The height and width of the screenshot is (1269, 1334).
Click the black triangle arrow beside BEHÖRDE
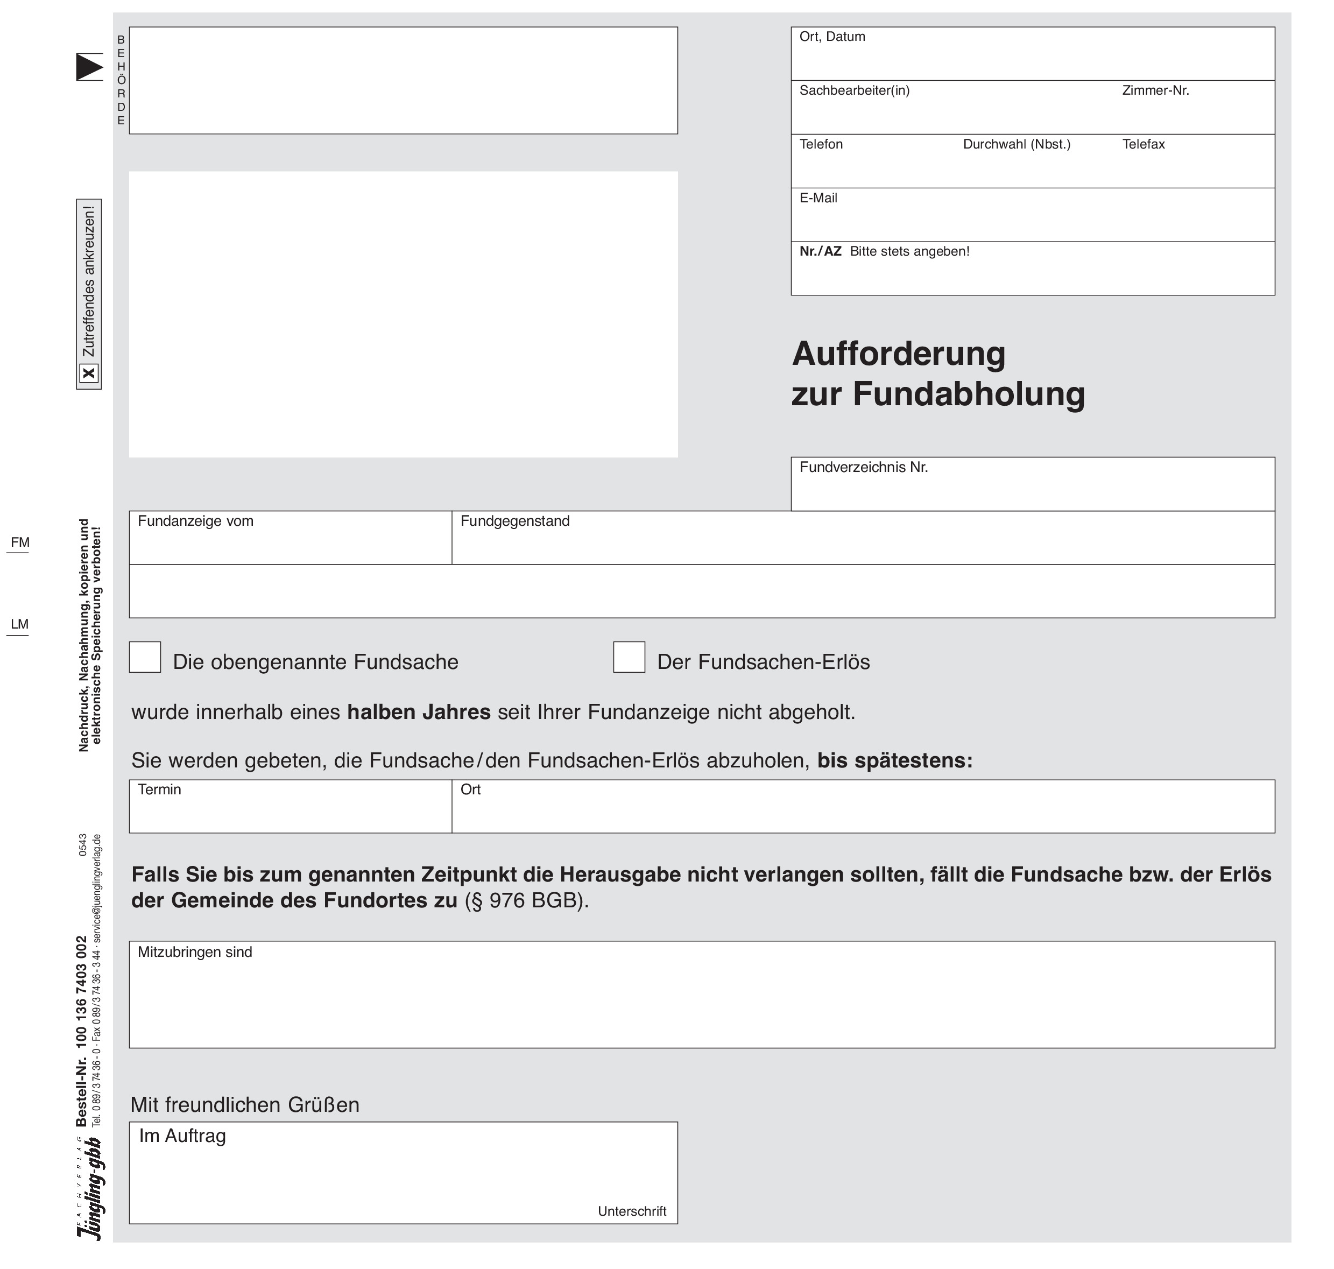click(89, 67)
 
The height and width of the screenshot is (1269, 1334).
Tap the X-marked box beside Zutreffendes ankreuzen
click(89, 373)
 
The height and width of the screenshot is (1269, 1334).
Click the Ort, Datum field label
click(831, 37)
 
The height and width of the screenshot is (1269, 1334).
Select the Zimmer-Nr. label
click(1155, 90)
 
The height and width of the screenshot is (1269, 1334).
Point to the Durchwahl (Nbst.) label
click(1016, 144)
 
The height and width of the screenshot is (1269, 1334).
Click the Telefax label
click(1143, 144)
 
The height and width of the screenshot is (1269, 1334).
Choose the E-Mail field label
click(818, 198)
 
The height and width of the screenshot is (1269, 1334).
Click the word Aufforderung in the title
click(898, 354)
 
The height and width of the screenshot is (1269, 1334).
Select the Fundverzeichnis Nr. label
click(863, 468)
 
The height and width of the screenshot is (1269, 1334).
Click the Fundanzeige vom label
click(195, 521)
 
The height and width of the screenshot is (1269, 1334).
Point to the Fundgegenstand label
click(515, 521)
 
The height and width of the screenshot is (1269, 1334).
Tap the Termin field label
click(160, 789)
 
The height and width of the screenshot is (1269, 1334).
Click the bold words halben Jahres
click(419, 713)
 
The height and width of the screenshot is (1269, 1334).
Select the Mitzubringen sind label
click(195, 951)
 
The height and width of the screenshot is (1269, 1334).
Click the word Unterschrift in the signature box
click(632, 1211)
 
